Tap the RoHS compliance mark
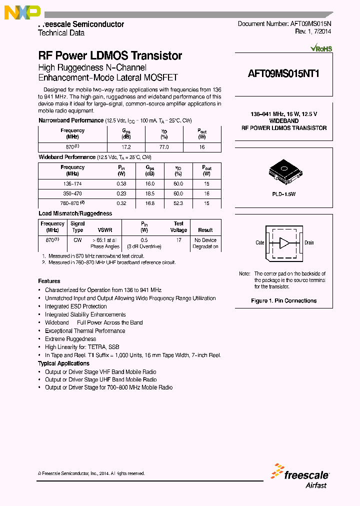tap(321, 48)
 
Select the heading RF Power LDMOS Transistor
tap(110, 56)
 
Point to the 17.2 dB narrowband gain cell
tap(126, 147)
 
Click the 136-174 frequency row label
tap(72, 184)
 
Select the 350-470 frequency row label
tap(72, 193)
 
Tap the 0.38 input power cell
tap(121, 184)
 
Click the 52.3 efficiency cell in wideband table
tap(178, 203)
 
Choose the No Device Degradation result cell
tap(205, 243)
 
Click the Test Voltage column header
tap(178, 227)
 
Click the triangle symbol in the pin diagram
tap(284, 243)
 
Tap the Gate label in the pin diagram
tap(260, 243)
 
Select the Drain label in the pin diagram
tap(309, 243)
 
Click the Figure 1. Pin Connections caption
tap(283, 300)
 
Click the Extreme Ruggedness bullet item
tap(70, 339)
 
